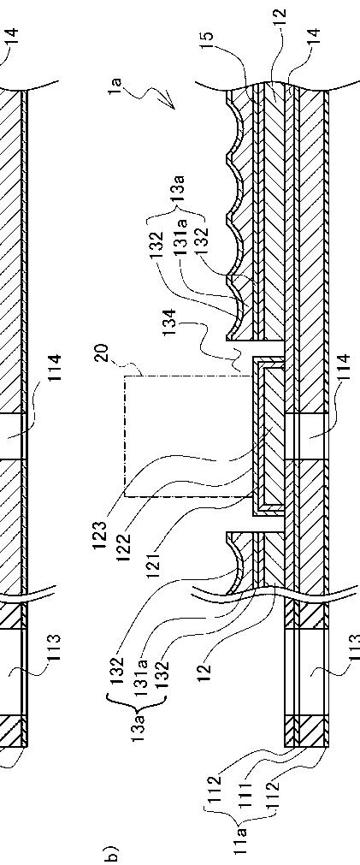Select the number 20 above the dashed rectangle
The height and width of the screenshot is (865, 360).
[x=104, y=353]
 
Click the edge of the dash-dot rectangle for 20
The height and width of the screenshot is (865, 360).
[x=125, y=436]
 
